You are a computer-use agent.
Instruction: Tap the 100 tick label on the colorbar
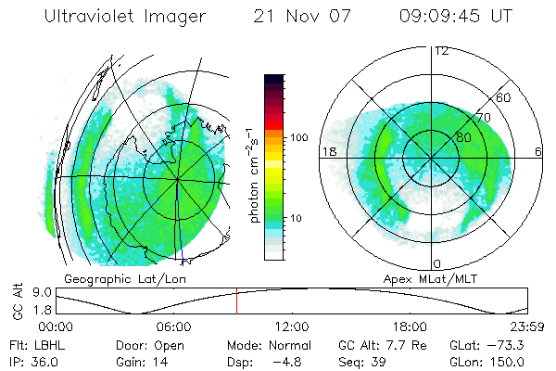[x=297, y=137]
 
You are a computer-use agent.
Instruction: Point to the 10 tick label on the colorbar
[x=297, y=218]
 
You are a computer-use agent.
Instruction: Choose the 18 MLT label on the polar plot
[x=327, y=151]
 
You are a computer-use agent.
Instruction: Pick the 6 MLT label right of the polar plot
[x=537, y=151]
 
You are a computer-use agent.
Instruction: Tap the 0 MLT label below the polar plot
[x=437, y=264]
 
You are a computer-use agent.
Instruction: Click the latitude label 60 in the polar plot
[x=504, y=97]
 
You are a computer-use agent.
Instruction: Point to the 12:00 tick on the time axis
[x=292, y=326]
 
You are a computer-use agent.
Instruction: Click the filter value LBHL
[x=48, y=344]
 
